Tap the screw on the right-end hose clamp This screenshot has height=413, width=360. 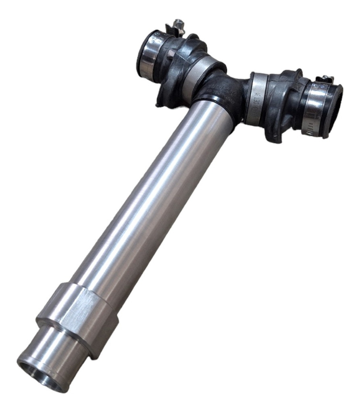point(325,79)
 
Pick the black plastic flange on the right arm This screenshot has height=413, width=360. point(282,105)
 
